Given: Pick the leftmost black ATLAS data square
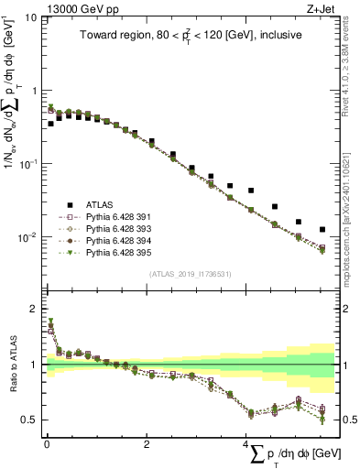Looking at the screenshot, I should click(x=50, y=123).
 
